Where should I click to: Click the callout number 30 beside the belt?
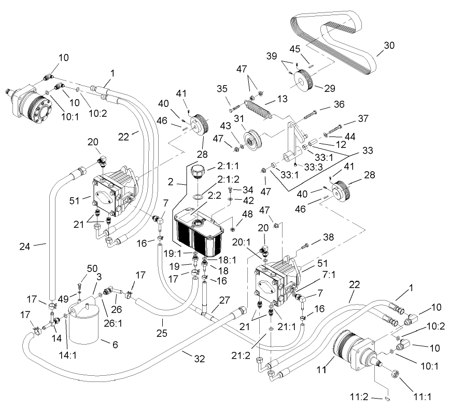point(389,45)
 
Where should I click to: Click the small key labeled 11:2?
point(388,398)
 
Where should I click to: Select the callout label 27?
point(224,299)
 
